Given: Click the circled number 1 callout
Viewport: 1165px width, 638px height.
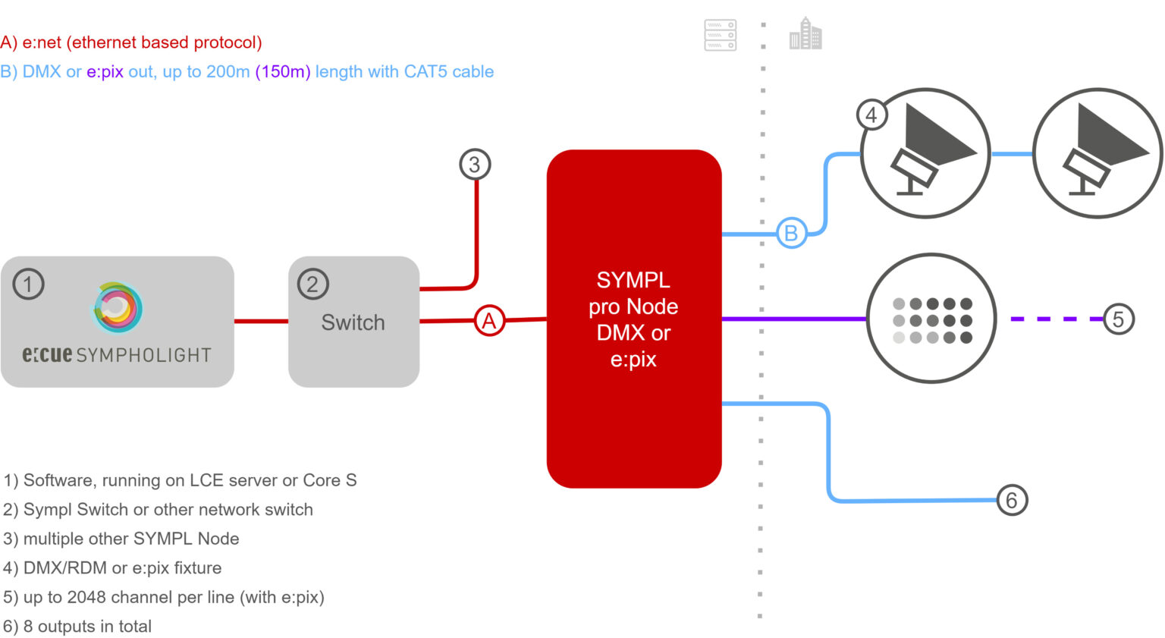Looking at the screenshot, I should click(29, 284).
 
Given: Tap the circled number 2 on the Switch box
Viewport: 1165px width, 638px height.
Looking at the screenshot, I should click(312, 284).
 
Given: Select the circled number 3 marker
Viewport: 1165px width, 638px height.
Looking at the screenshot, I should click(475, 164).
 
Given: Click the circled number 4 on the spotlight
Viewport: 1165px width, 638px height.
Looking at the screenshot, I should click(871, 115).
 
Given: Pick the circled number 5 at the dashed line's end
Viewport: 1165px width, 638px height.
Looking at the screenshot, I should click(1118, 319).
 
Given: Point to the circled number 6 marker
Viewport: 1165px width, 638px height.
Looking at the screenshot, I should click(1012, 500).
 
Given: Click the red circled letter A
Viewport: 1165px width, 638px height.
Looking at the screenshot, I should click(489, 321).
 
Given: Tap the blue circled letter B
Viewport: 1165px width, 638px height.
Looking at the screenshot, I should click(790, 233).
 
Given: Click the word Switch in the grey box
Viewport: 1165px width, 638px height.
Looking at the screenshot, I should click(353, 322).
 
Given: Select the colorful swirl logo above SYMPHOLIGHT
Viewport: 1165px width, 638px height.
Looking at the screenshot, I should click(118, 307).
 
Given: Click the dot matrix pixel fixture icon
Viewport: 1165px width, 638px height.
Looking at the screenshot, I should click(931, 319).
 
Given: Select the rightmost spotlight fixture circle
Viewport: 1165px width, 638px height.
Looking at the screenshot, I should click(1097, 153).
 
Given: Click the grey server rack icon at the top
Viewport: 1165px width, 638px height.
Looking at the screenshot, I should click(720, 35).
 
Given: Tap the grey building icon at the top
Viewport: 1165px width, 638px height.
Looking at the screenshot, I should click(805, 34).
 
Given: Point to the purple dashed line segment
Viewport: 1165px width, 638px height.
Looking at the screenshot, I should click(1054, 319).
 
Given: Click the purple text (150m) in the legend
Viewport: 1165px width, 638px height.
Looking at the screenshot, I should click(282, 71).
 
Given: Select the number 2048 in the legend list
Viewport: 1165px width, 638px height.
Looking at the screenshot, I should click(88, 597).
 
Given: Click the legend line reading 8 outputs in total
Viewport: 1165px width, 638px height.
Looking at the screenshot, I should click(77, 627).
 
